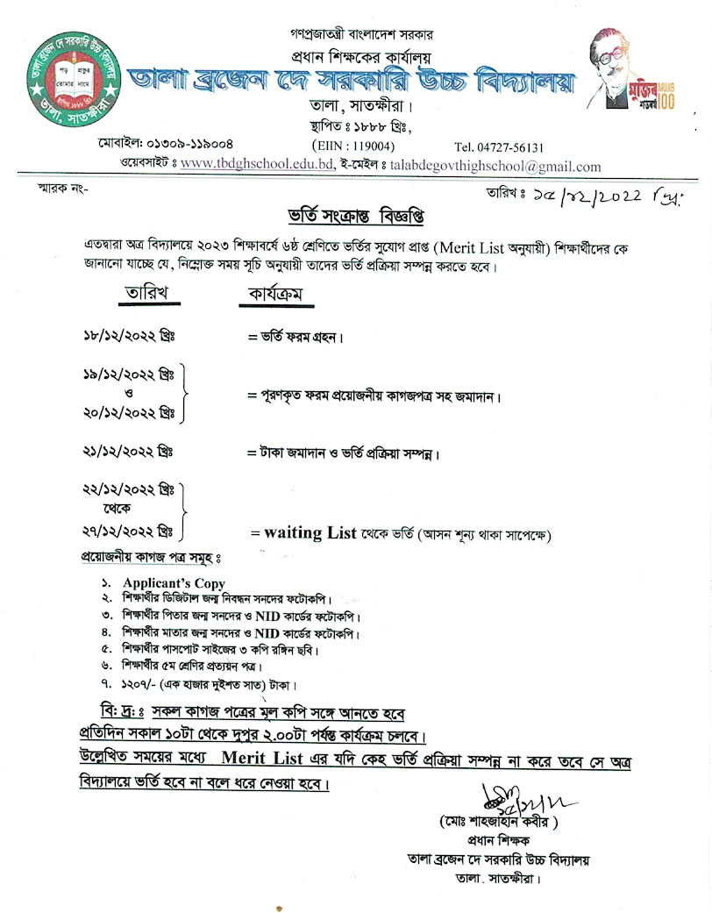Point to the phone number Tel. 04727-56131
pos(499,147)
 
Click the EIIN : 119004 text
pos(353,147)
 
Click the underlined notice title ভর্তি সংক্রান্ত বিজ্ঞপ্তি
pos(338,215)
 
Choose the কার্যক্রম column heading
pos(276,295)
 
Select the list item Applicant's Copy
pos(174,583)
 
